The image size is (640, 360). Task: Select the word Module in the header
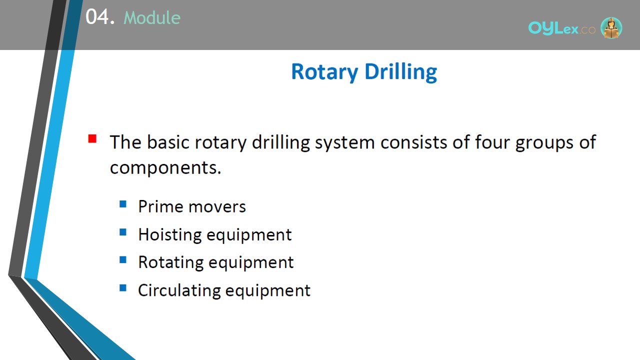click(x=152, y=17)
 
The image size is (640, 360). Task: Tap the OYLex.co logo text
click(x=561, y=28)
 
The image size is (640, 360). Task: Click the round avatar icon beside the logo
click(x=611, y=27)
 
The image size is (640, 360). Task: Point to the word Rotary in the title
click(x=324, y=71)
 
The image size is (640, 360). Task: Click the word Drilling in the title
click(x=401, y=71)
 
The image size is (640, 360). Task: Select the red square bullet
click(x=92, y=138)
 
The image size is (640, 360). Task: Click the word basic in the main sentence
click(x=168, y=142)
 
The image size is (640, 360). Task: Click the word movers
click(x=217, y=207)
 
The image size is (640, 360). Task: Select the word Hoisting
click(x=170, y=235)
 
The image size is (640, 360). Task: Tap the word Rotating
click(x=170, y=262)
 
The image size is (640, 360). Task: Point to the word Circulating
click(x=179, y=290)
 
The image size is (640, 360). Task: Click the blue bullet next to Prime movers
click(x=123, y=204)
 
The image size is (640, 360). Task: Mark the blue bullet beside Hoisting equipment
click(x=123, y=231)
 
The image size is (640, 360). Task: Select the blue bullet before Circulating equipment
click(x=123, y=287)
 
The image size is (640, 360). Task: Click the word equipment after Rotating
click(x=251, y=263)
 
